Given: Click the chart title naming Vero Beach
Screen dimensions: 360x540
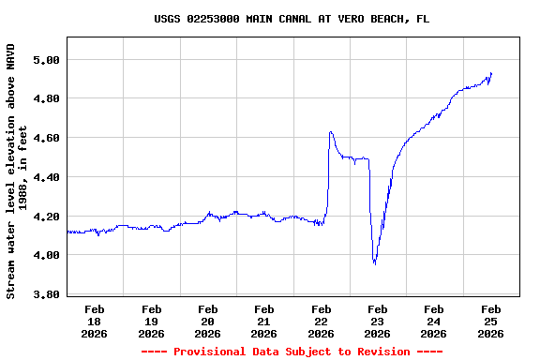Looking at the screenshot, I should coord(292,19).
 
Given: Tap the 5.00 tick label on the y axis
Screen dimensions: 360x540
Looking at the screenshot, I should coord(47,59).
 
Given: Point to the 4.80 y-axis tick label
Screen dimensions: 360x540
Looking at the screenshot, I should coord(47,98).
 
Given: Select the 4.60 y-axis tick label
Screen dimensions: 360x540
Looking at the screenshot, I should coord(47,138).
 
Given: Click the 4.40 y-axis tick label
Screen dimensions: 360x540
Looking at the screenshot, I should coord(47,177).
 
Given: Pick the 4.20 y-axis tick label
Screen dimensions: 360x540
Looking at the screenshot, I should coord(47,216).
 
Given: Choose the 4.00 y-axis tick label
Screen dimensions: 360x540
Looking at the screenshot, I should coord(47,255).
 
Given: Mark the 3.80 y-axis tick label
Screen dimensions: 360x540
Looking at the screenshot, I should coord(47,294).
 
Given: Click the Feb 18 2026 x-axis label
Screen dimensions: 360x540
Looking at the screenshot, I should coord(95,321).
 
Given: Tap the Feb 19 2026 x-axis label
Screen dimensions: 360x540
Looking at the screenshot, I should coord(151,321).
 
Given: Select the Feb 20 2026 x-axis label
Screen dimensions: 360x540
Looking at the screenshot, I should coord(208,321).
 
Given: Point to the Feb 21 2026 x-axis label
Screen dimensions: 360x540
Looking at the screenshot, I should coord(264,321).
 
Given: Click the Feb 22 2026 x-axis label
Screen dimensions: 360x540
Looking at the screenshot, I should coord(321,321).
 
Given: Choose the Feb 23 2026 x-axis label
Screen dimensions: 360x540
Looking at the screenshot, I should coord(377,321).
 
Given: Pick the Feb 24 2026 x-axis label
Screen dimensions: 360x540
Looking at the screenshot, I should coord(433,321).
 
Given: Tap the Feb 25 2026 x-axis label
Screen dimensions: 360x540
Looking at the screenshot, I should coord(490,321).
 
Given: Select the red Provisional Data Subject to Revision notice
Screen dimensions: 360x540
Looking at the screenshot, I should coord(292,352).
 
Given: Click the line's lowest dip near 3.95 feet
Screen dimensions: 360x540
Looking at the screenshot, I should coord(375,263).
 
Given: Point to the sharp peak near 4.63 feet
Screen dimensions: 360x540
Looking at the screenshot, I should coord(331,132).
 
